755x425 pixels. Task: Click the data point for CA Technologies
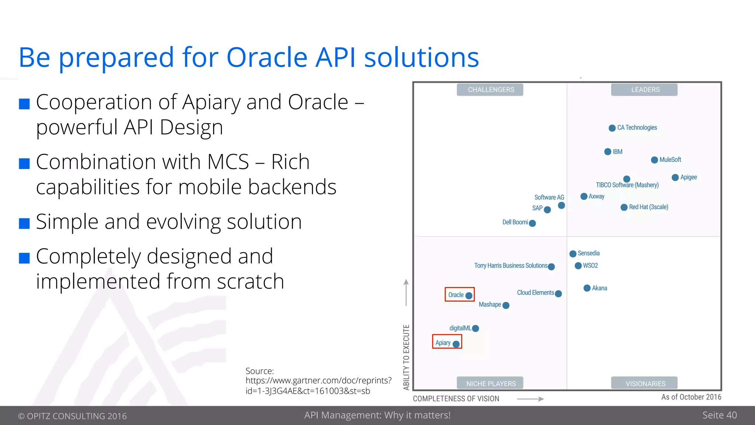(x=612, y=128)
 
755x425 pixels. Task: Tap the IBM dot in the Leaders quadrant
(x=608, y=152)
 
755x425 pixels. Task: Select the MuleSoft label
(x=670, y=160)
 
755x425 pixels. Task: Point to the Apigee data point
(x=675, y=177)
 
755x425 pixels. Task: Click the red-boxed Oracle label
(x=456, y=295)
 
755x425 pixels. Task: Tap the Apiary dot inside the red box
(x=456, y=344)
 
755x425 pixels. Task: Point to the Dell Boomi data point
(x=532, y=223)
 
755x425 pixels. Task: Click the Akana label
(x=599, y=288)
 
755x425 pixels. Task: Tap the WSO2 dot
(x=578, y=266)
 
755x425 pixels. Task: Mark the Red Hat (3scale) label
(x=648, y=207)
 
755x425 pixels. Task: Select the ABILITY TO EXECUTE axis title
(x=406, y=357)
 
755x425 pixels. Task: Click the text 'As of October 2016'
(x=691, y=397)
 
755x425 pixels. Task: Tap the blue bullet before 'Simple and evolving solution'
(x=24, y=223)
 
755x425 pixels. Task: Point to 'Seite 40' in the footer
(x=719, y=415)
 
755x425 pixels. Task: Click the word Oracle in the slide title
(x=267, y=58)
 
